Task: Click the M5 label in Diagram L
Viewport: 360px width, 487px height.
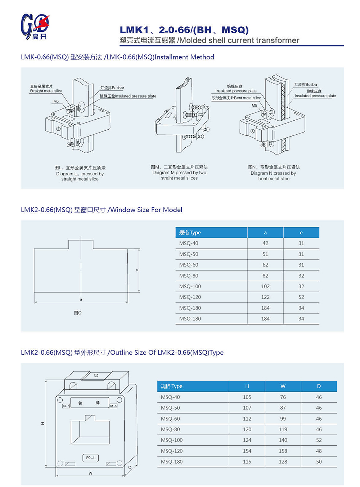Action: click(x=56, y=101)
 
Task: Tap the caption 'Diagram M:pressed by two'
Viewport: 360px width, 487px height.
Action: click(x=179, y=173)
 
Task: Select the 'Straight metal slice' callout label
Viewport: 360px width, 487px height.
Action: click(x=46, y=91)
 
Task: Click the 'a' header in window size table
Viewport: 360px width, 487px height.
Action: click(x=265, y=233)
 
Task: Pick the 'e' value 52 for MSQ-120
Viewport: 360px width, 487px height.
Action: click(x=301, y=297)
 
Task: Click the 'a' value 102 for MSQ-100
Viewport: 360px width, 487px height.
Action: click(x=265, y=286)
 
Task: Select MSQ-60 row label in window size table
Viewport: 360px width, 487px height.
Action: click(x=189, y=265)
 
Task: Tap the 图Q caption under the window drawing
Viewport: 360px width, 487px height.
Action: click(x=78, y=313)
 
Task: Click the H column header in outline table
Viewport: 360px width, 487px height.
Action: click(x=247, y=386)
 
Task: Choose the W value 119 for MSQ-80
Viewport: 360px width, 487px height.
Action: click(x=283, y=429)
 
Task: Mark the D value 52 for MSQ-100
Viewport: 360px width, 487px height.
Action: click(x=319, y=440)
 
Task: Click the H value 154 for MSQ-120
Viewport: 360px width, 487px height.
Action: click(x=247, y=451)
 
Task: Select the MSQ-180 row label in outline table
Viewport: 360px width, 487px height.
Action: click(x=172, y=462)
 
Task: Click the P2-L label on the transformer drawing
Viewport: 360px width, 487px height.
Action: click(x=91, y=458)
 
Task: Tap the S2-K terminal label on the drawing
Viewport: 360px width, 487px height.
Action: click(x=66, y=406)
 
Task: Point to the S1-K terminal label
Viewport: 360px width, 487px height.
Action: click(x=113, y=406)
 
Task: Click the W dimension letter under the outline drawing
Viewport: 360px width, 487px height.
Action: click(x=90, y=473)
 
